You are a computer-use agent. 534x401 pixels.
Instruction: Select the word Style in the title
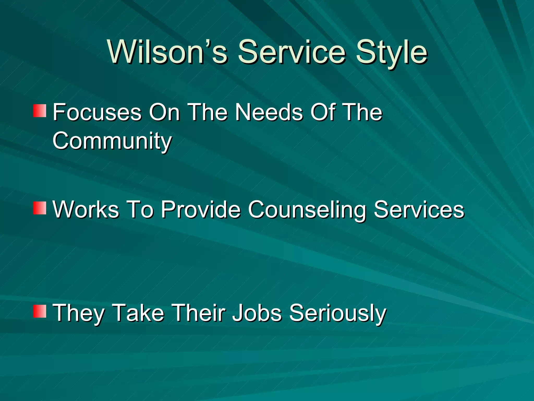[x=391, y=52]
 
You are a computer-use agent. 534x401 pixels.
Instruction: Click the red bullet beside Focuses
[x=40, y=111]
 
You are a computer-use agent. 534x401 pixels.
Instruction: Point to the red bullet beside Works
[x=40, y=208]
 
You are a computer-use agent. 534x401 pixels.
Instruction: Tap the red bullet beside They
[x=40, y=311]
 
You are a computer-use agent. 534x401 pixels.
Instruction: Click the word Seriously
[x=338, y=313]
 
